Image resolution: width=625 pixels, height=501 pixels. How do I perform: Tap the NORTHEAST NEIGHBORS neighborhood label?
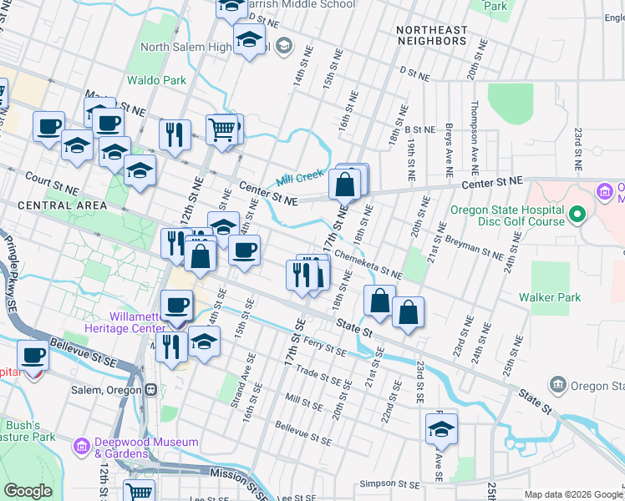pos(432,35)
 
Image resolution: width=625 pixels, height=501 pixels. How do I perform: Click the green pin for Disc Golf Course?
pos(576,216)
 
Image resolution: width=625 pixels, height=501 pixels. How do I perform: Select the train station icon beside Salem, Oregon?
pos(152,390)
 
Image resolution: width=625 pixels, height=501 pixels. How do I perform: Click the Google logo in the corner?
pos(28,491)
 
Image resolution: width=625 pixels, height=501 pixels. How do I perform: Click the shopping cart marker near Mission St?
pos(139,492)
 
